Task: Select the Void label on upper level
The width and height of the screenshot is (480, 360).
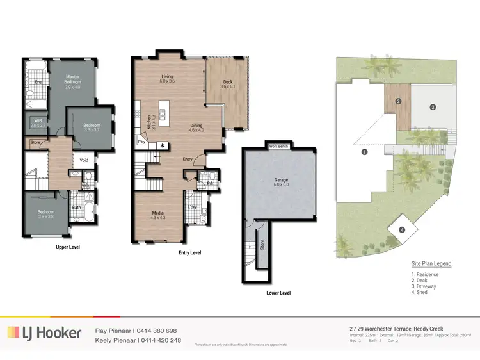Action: pos(84,160)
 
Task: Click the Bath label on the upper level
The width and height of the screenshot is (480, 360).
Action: pos(77,207)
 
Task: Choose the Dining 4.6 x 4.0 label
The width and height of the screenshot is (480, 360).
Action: pos(196,127)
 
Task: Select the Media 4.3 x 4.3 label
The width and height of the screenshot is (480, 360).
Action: pos(158,215)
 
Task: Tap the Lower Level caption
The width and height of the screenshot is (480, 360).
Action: pos(278,293)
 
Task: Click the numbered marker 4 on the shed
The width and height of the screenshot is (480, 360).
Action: pos(402,230)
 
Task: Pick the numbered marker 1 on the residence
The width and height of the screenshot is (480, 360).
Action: pos(364,152)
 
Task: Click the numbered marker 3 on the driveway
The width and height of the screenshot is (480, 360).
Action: pos(433,106)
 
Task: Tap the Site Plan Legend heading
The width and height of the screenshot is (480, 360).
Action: pos(431,264)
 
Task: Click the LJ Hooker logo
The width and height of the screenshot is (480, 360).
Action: pos(45,332)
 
